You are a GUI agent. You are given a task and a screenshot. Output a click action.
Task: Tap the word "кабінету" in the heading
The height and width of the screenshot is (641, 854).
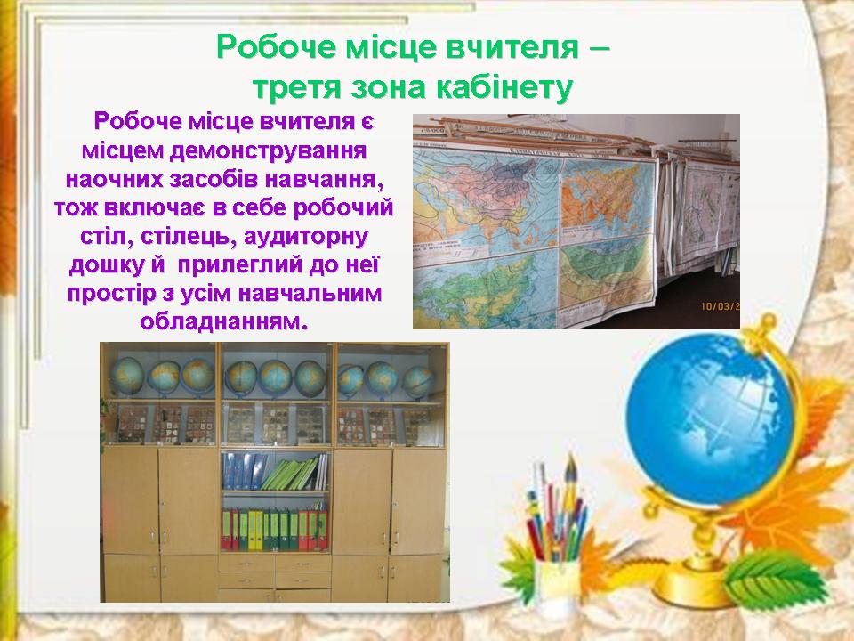point(505,87)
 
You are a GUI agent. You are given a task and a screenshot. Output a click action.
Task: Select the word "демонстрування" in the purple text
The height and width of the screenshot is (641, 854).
point(268,150)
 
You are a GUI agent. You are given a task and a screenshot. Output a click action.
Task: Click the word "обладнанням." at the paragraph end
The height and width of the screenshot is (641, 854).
point(224,321)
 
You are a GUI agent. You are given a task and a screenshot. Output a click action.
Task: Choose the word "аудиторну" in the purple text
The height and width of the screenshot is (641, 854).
point(305,237)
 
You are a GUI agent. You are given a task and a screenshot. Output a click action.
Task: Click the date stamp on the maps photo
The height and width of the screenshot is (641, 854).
point(720,305)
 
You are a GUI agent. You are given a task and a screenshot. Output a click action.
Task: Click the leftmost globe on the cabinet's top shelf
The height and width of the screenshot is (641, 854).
point(127,376)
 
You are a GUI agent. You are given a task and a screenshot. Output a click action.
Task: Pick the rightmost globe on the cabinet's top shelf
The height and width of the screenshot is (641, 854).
point(418,381)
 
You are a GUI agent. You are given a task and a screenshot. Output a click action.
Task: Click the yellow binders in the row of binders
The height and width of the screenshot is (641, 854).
point(255,529)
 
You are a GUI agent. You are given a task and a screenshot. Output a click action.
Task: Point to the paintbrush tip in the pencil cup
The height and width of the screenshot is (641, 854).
point(570,464)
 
